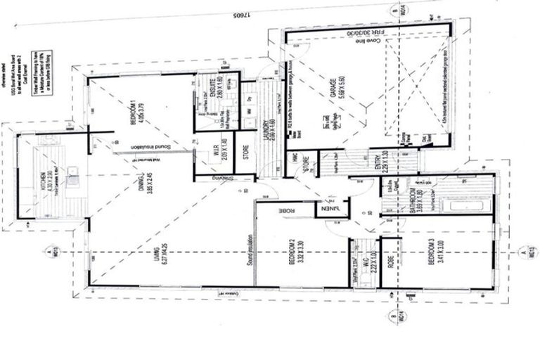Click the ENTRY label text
pyautogui.click(x=378, y=164)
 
